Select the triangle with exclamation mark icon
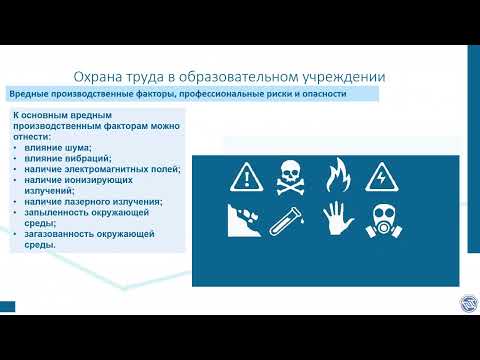(245, 179)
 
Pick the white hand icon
(335, 221)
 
